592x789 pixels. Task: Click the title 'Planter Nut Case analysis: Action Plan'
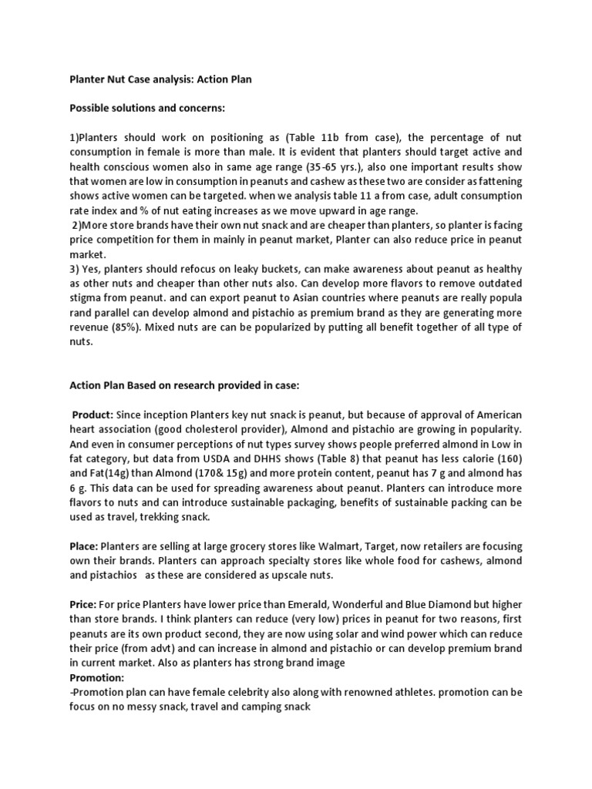pos(160,79)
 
